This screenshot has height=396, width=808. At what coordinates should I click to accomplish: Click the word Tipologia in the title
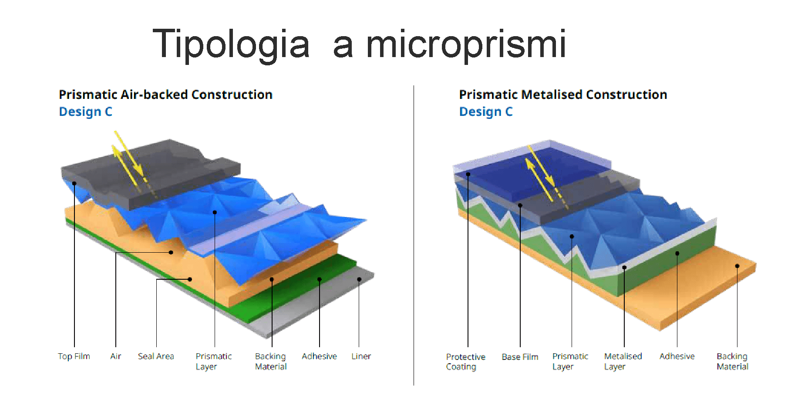(231, 44)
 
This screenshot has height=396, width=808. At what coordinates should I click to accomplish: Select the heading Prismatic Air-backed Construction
(165, 95)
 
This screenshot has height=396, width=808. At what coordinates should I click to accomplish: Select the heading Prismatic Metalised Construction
(563, 95)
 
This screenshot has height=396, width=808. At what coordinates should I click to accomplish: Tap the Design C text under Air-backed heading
(85, 112)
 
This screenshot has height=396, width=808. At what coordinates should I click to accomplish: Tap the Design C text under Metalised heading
(486, 112)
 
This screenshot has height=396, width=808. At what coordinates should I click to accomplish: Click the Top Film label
(74, 356)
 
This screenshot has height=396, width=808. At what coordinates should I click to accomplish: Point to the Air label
(115, 356)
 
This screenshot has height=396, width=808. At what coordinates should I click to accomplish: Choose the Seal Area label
(156, 356)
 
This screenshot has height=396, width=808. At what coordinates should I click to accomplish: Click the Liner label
(361, 356)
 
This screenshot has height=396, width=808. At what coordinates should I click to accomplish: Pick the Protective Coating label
(465, 362)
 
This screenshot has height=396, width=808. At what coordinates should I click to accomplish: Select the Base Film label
(520, 357)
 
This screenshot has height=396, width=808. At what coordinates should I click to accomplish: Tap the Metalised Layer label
(623, 362)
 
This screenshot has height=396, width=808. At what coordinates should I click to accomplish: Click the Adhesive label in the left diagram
(319, 356)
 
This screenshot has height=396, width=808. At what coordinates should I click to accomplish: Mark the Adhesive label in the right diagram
(677, 356)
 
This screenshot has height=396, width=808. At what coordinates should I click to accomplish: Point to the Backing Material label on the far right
(732, 362)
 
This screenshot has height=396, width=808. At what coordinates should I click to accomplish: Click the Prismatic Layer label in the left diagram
(213, 362)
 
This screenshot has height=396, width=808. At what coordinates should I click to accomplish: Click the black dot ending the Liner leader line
(359, 279)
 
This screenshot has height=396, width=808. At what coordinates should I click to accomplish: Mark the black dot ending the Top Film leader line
(74, 183)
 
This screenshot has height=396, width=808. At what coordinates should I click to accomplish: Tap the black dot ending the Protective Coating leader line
(468, 174)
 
